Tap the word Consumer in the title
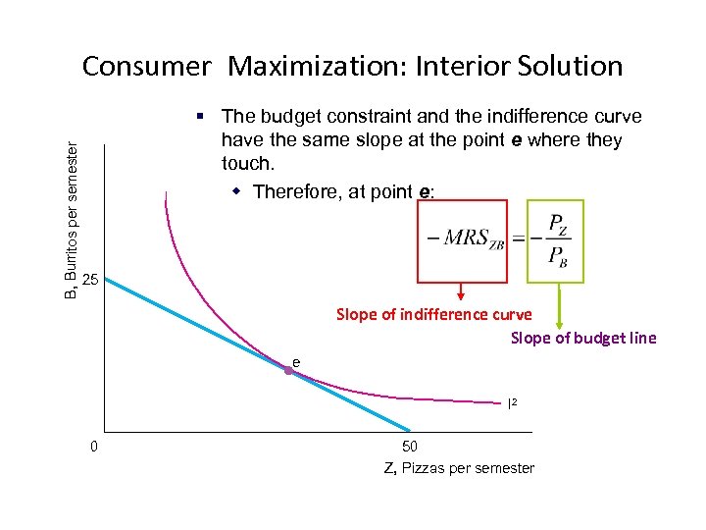click(x=146, y=67)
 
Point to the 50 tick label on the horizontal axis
click(x=410, y=446)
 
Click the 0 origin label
click(x=93, y=447)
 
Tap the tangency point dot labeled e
click(x=289, y=370)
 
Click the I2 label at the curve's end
click(x=512, y=402)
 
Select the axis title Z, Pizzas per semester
click(x=459, y=468)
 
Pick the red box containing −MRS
click(x=462, y=241)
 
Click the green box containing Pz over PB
click(x=555, y=241)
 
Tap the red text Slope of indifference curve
click(x=433, y=315)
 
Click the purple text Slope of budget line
click(x=583, y=339)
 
